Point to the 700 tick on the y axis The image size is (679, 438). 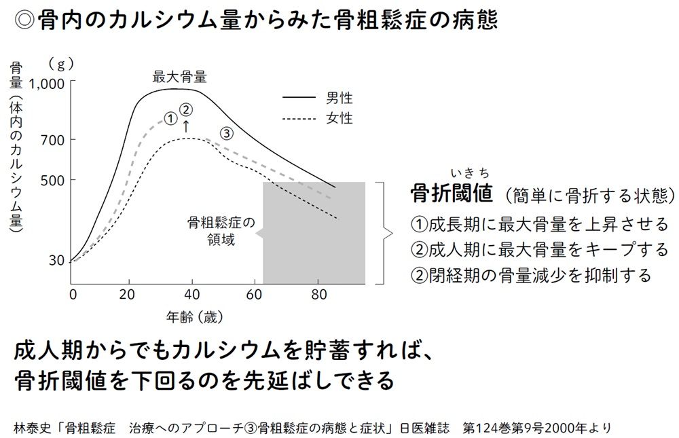coord(52,140)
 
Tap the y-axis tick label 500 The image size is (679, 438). coord(52,181)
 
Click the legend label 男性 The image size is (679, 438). coord(339,98)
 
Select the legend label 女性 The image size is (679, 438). coord(339,118)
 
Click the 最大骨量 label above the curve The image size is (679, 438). coord(179,77)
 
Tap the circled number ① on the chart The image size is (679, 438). coord(171,118)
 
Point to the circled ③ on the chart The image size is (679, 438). coord(227,133)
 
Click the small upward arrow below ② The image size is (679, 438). coord(187,126)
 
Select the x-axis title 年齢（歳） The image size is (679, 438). coord(195,316)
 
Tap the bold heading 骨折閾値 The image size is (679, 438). coord(451,194)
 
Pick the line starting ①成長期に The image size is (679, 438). coord(540,224)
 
